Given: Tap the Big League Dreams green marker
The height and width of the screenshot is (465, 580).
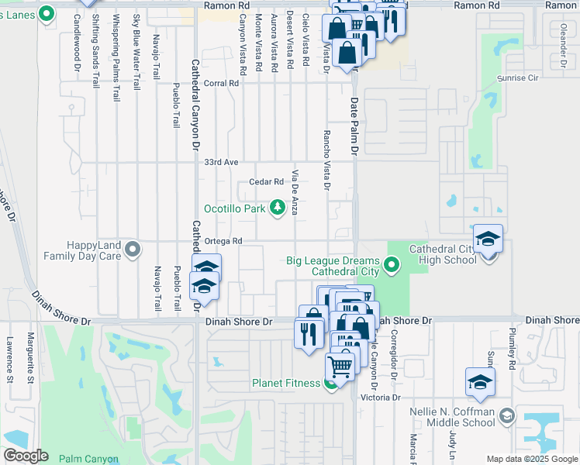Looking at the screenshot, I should pos(392,267).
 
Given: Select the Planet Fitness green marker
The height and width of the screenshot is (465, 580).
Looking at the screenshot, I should pos(331,383).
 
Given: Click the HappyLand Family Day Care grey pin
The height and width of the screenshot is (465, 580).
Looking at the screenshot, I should pos(133,250).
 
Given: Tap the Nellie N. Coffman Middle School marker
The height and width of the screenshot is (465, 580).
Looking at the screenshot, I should pos(506,416).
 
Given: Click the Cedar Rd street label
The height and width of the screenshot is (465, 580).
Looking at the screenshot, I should pos(266,182).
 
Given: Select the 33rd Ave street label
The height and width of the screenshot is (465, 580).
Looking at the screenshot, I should pos(221,163).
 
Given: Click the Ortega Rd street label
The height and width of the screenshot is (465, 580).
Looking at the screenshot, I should pos(223,241).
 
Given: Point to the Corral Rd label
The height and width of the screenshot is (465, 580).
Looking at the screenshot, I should pos(221,83).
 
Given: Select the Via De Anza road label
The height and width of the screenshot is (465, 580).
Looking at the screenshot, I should pos(295,194).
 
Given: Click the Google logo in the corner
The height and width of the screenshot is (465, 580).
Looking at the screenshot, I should pos(26,456).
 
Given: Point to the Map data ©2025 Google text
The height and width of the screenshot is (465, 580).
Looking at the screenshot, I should pos(530,459).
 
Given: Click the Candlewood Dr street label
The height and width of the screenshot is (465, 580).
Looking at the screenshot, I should pos(78,43).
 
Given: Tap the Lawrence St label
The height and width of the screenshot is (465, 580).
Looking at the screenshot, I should pos(10,360).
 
